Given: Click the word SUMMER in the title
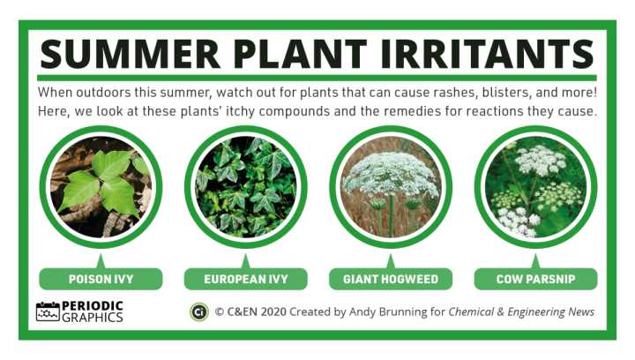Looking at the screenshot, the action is pos(130,54).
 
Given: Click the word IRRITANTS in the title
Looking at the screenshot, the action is pos(488,54).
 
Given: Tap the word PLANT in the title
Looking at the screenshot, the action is pos(301,54).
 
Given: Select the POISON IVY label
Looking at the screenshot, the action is pos(101,279).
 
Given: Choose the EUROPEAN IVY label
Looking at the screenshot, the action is pos(246,279).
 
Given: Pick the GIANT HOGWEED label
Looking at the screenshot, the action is pos(391,279).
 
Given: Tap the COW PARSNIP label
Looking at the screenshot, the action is pos(536,279).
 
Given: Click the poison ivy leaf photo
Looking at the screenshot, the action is pos(101,187).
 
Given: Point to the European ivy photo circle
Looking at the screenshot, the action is pos(246,187).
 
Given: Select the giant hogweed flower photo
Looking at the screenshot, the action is pos(391,187).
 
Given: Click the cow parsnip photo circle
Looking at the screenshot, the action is pos(536,187).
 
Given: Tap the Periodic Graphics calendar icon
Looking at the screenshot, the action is pos(48,311).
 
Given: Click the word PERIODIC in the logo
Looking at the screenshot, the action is pos(93,306).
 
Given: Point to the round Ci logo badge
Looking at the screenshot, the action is pos(199,312).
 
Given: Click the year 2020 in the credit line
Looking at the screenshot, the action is pos(273,312).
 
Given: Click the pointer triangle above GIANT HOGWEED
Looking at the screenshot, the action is pos(391,262).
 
